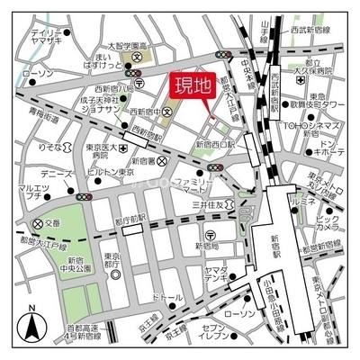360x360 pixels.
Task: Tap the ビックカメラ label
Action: tap(328, 222)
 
